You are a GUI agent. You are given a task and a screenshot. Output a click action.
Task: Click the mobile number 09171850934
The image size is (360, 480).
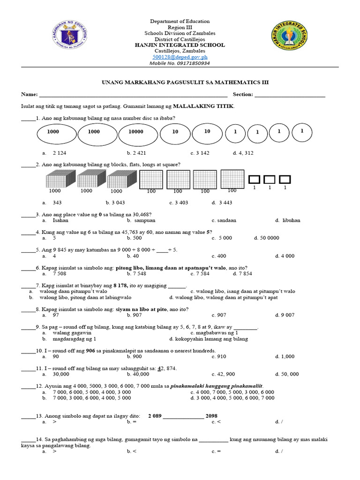[x=187, y=63]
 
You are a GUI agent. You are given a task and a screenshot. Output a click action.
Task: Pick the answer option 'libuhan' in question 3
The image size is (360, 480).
[x=291, y=220]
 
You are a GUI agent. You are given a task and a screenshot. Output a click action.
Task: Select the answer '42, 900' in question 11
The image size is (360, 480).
[x=225, y=374]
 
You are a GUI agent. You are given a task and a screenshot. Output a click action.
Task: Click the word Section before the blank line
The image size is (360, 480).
[x=242, y=94]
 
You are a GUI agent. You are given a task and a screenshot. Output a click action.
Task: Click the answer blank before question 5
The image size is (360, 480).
[x=28, y=250]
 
